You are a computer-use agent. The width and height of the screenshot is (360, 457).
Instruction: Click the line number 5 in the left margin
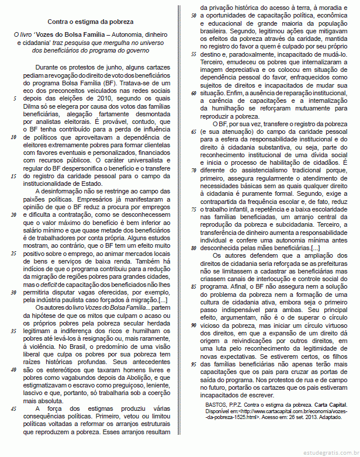click(14, 99)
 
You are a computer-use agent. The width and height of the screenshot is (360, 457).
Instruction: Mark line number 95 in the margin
click(193, 364)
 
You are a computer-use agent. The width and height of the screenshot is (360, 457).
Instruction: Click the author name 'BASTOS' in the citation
click(218, 403)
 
